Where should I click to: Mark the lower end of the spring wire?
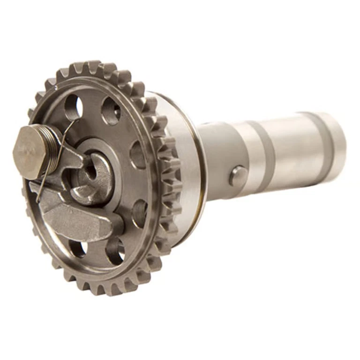(39, 202)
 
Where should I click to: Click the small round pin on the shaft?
(238, 176)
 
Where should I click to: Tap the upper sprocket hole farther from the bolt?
(111, 112)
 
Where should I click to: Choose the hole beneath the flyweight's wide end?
(78, 248)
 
